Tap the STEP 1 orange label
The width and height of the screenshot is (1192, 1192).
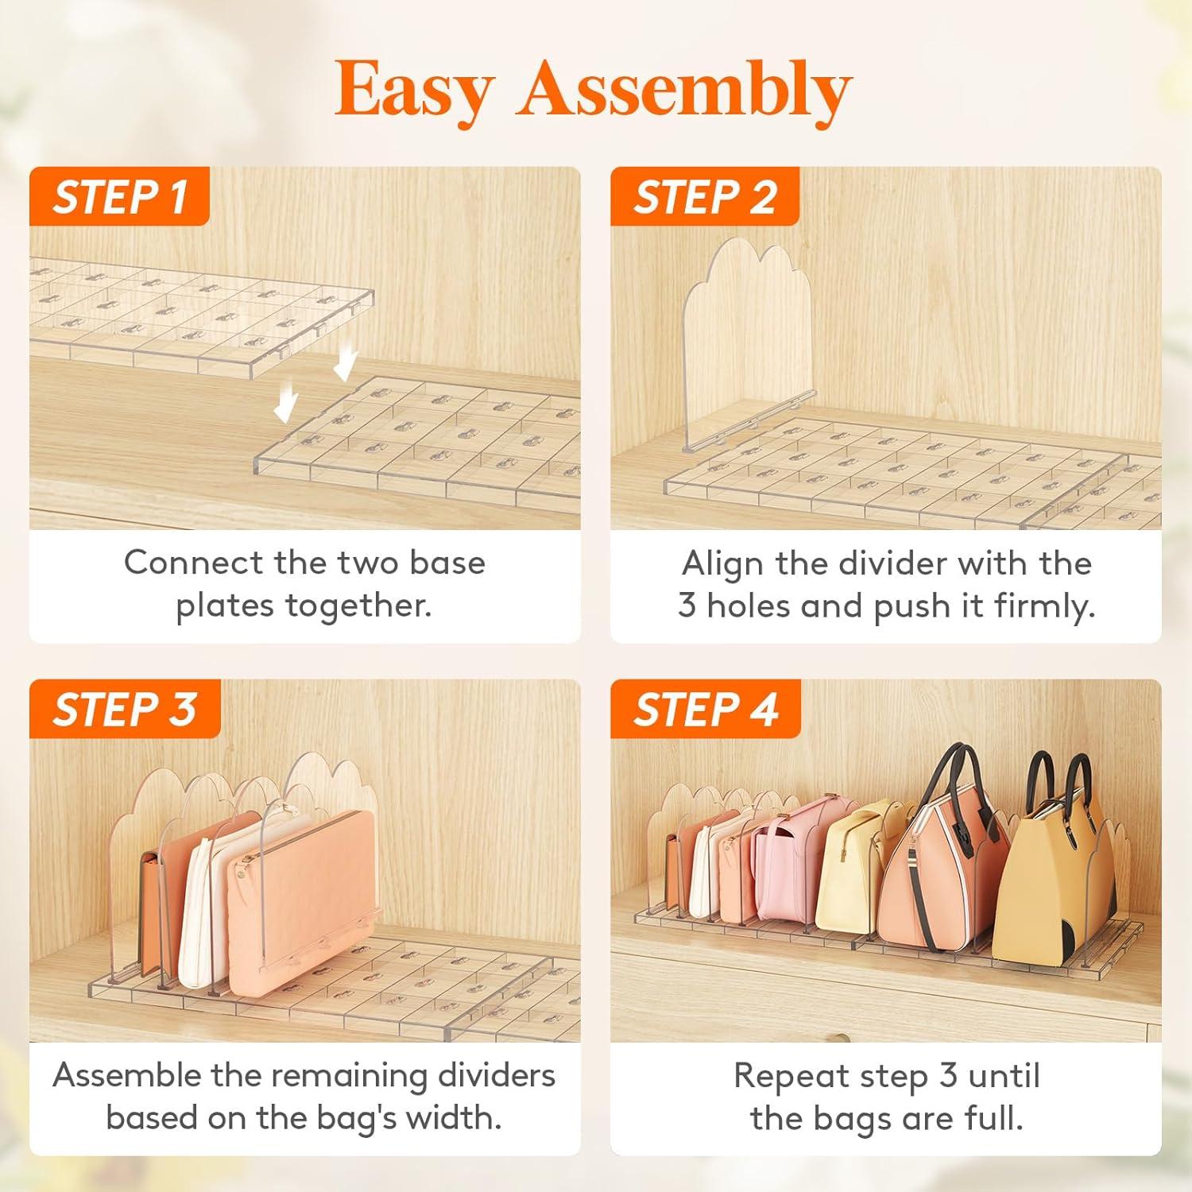(119, 196)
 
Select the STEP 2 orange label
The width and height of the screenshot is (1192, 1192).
(704, 196)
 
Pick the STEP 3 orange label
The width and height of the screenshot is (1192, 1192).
(124, 709)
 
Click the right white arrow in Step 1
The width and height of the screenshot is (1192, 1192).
(345, 366)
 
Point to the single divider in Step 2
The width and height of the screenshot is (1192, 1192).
(747, 342)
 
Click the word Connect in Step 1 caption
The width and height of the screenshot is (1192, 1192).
(193, 563)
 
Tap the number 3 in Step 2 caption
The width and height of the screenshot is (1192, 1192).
(687, 606)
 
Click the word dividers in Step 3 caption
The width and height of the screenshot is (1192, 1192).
(497, 1075)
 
